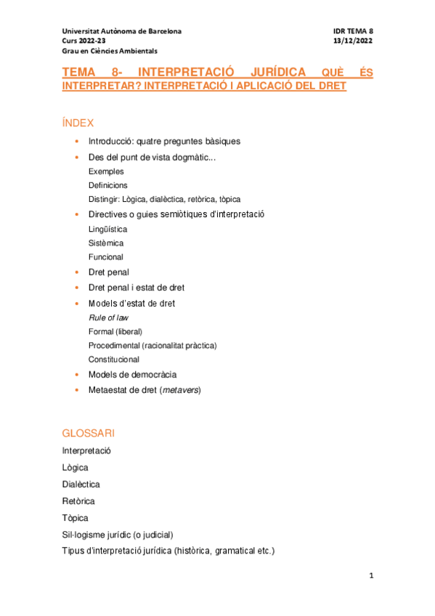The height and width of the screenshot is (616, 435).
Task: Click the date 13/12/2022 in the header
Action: point(353,41)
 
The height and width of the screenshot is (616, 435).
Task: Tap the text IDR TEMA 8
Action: point(353,31)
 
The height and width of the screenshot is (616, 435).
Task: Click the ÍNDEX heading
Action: point(78,123)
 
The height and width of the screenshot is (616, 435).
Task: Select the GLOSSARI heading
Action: point(89,433)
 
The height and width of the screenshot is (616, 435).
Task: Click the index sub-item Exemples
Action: point(106,171)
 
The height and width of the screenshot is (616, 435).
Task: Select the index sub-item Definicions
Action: point(108,185)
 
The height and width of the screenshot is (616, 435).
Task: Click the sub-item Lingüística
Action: point(107,229)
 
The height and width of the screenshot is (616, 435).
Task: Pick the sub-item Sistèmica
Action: point(106,243)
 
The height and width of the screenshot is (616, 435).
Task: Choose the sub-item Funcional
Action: point(106,256)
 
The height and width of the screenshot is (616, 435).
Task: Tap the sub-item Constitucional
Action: point(114,359)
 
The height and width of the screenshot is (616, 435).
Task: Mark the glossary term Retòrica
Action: point(78,501)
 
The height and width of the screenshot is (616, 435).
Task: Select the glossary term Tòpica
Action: point(76,518)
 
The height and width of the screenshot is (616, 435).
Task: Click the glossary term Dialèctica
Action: point(81,484)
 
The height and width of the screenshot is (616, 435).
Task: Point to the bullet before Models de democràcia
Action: point(78,375)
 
